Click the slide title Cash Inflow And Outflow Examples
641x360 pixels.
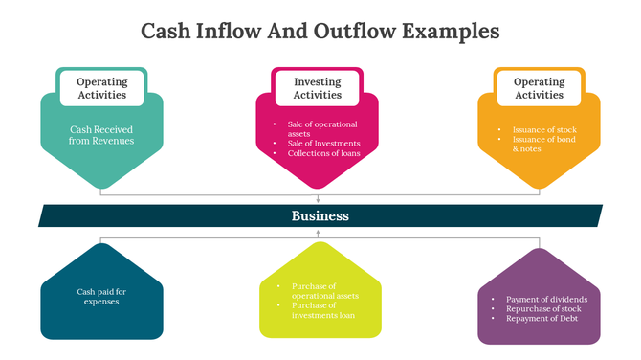pos(320,31)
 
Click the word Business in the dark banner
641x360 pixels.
pos(320,216)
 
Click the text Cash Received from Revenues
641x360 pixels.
pos(101,134)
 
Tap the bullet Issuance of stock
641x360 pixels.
pos(543,129)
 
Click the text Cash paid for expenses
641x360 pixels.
pos(101,296)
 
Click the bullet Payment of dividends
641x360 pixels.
pos(546,299)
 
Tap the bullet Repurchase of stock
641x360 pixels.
pos(543,308)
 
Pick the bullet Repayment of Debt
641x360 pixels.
pos(542,318)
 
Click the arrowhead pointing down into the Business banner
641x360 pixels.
pos(319,200)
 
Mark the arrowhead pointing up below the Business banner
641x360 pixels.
pos(320,233)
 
